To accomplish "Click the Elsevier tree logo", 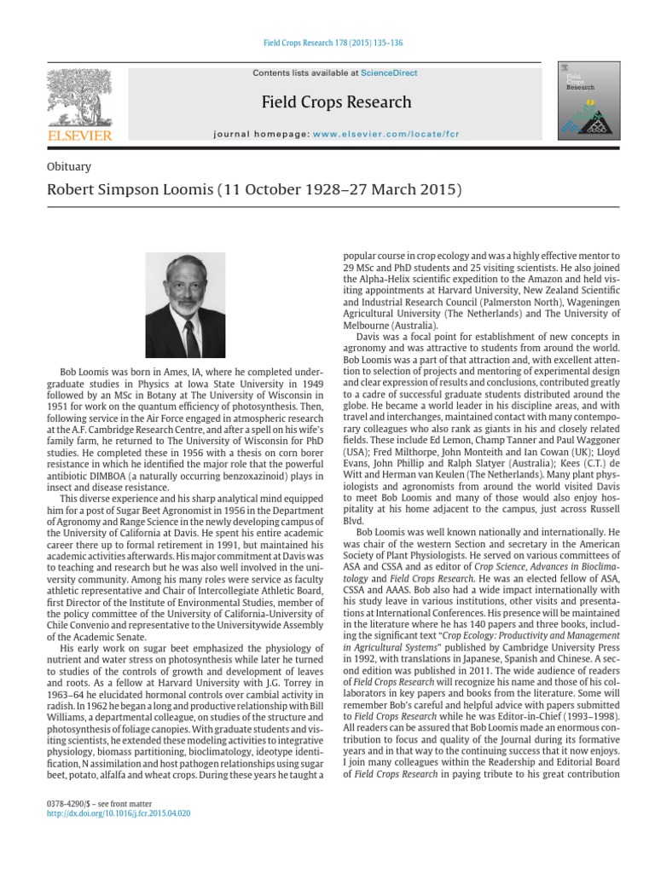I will point(78,96).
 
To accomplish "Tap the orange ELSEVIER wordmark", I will point(78,135).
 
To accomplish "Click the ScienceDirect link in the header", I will point(389,73).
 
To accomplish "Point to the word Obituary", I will point(69,167).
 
